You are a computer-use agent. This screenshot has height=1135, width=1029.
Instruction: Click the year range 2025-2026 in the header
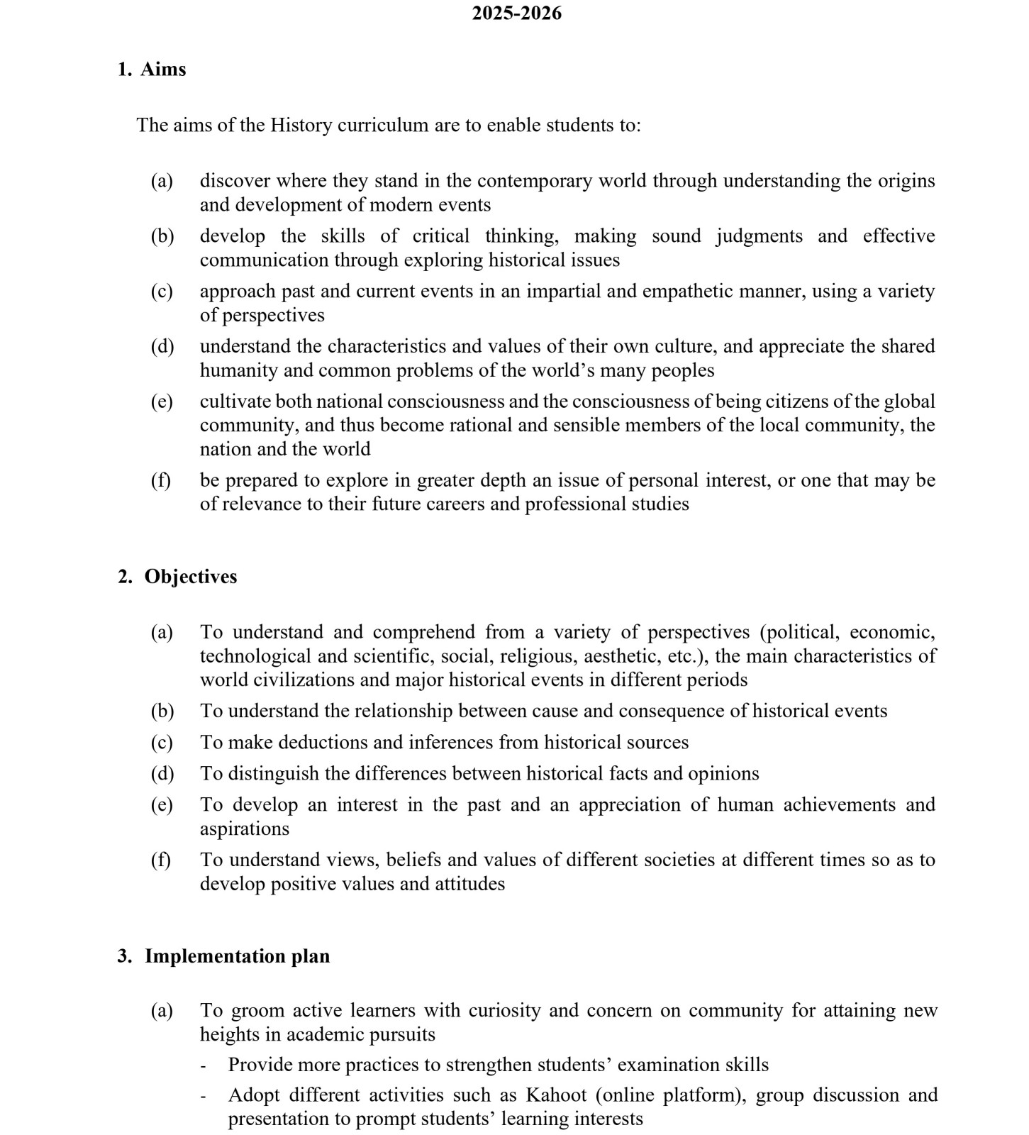point(516,13)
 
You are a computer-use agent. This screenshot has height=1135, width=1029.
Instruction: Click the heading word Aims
point(163,69)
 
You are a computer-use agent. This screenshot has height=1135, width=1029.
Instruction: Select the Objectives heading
point(191,576)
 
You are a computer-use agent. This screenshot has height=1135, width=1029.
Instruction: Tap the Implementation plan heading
point(237,956)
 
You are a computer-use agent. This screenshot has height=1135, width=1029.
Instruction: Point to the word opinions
point(723,773)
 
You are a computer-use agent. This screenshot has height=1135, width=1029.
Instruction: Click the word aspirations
point(244,829)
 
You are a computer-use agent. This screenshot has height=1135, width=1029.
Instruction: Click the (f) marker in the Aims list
point(161,480)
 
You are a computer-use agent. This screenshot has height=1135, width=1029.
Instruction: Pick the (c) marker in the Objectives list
point(162,742)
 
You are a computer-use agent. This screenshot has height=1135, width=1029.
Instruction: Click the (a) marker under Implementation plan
point(162,1010)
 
